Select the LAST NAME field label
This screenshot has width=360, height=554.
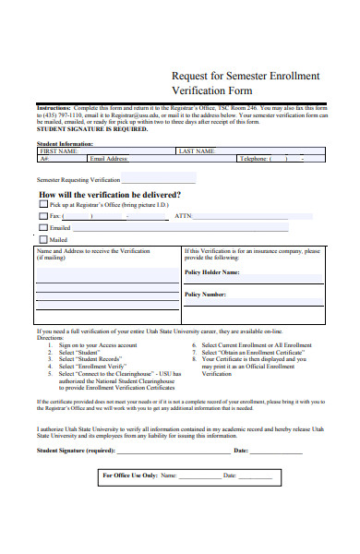197,151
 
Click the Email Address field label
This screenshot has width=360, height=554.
108,159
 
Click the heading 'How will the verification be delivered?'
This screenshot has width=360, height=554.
110,196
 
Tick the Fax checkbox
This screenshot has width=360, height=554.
42,216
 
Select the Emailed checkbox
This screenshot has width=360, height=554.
42,227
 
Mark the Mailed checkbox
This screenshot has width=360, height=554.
42,239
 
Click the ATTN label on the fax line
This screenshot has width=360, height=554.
183,216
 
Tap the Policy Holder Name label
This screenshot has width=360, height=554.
211,272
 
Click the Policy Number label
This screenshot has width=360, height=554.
205,295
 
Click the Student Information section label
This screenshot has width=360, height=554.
65,143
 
